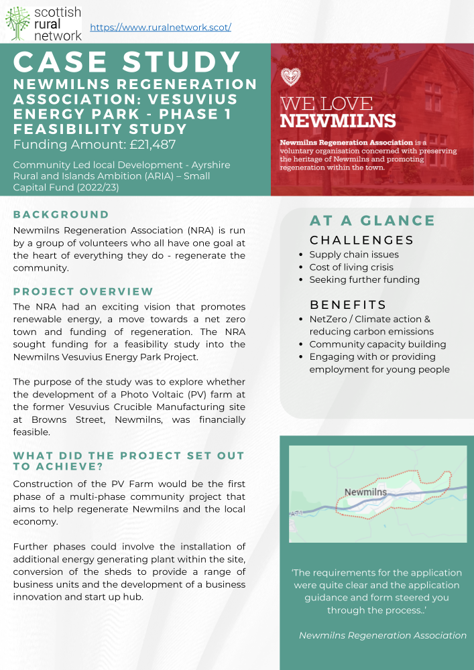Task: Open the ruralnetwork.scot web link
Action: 160,27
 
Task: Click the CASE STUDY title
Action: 127,62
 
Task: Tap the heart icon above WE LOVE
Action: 290,76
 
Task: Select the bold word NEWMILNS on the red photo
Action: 337,121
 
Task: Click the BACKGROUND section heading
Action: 61,214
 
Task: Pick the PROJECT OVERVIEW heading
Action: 83,291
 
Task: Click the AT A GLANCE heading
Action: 372,220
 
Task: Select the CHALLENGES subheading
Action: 361,240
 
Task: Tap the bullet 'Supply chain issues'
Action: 353,255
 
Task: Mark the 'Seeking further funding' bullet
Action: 364,279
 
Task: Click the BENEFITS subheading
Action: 347,305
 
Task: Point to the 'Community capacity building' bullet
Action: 377,344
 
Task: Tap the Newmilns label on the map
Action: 365,492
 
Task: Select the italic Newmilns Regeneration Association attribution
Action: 382,635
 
